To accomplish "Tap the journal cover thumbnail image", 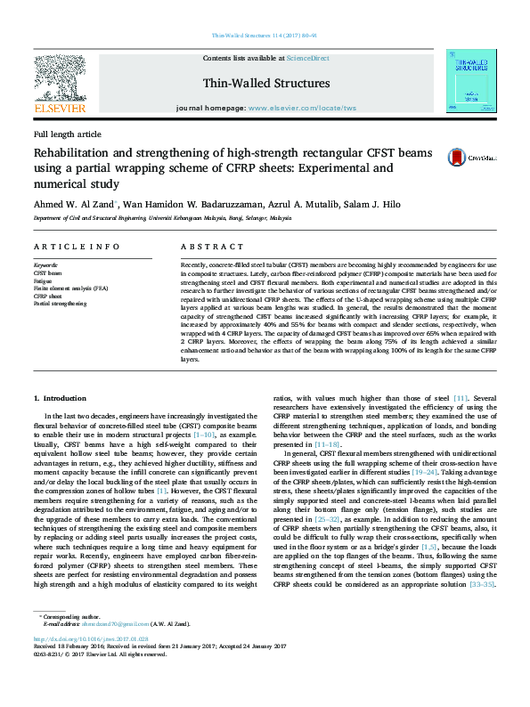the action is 471,81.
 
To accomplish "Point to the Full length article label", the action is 67,134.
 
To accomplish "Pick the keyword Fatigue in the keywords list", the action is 44,280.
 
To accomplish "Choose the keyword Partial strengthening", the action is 60,304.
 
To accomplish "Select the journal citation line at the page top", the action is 265,36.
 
